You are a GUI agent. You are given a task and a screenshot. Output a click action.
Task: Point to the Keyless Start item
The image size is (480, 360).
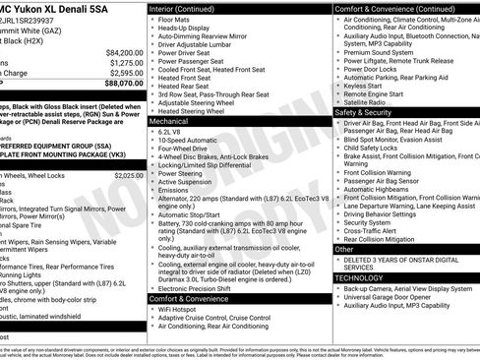click(362, 87)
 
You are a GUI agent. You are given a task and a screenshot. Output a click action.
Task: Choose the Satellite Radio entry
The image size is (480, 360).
click(364, 102)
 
